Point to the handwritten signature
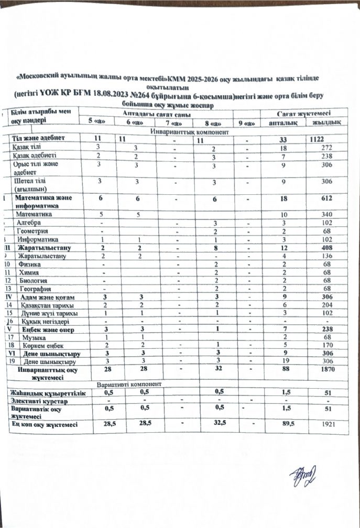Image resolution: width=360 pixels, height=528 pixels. point(303,476)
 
